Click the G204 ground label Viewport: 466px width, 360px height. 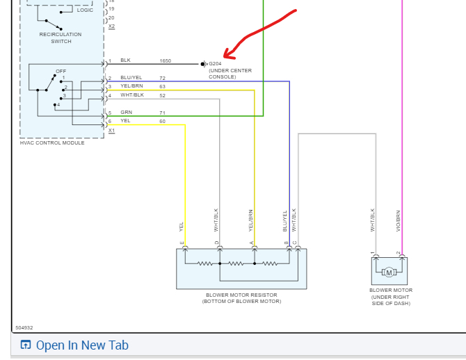point(215,63)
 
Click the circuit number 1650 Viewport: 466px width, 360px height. point(165,61)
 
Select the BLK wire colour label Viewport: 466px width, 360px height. point(125,61)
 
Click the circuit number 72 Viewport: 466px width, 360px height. point(162,78)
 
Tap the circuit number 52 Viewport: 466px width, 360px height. point(162,95)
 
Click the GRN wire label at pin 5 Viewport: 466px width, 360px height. point(126,112)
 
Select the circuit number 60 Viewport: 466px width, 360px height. point(162,121)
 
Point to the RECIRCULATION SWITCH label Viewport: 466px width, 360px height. point(61,38)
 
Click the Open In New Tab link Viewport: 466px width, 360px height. point(82,345)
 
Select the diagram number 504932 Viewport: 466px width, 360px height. point(24,327)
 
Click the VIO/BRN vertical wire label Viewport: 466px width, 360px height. point(399,220)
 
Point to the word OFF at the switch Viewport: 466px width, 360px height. point(61,71)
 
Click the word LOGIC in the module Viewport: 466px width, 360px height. point(85,10)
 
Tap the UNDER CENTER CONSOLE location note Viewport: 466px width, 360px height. point(230,74)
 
